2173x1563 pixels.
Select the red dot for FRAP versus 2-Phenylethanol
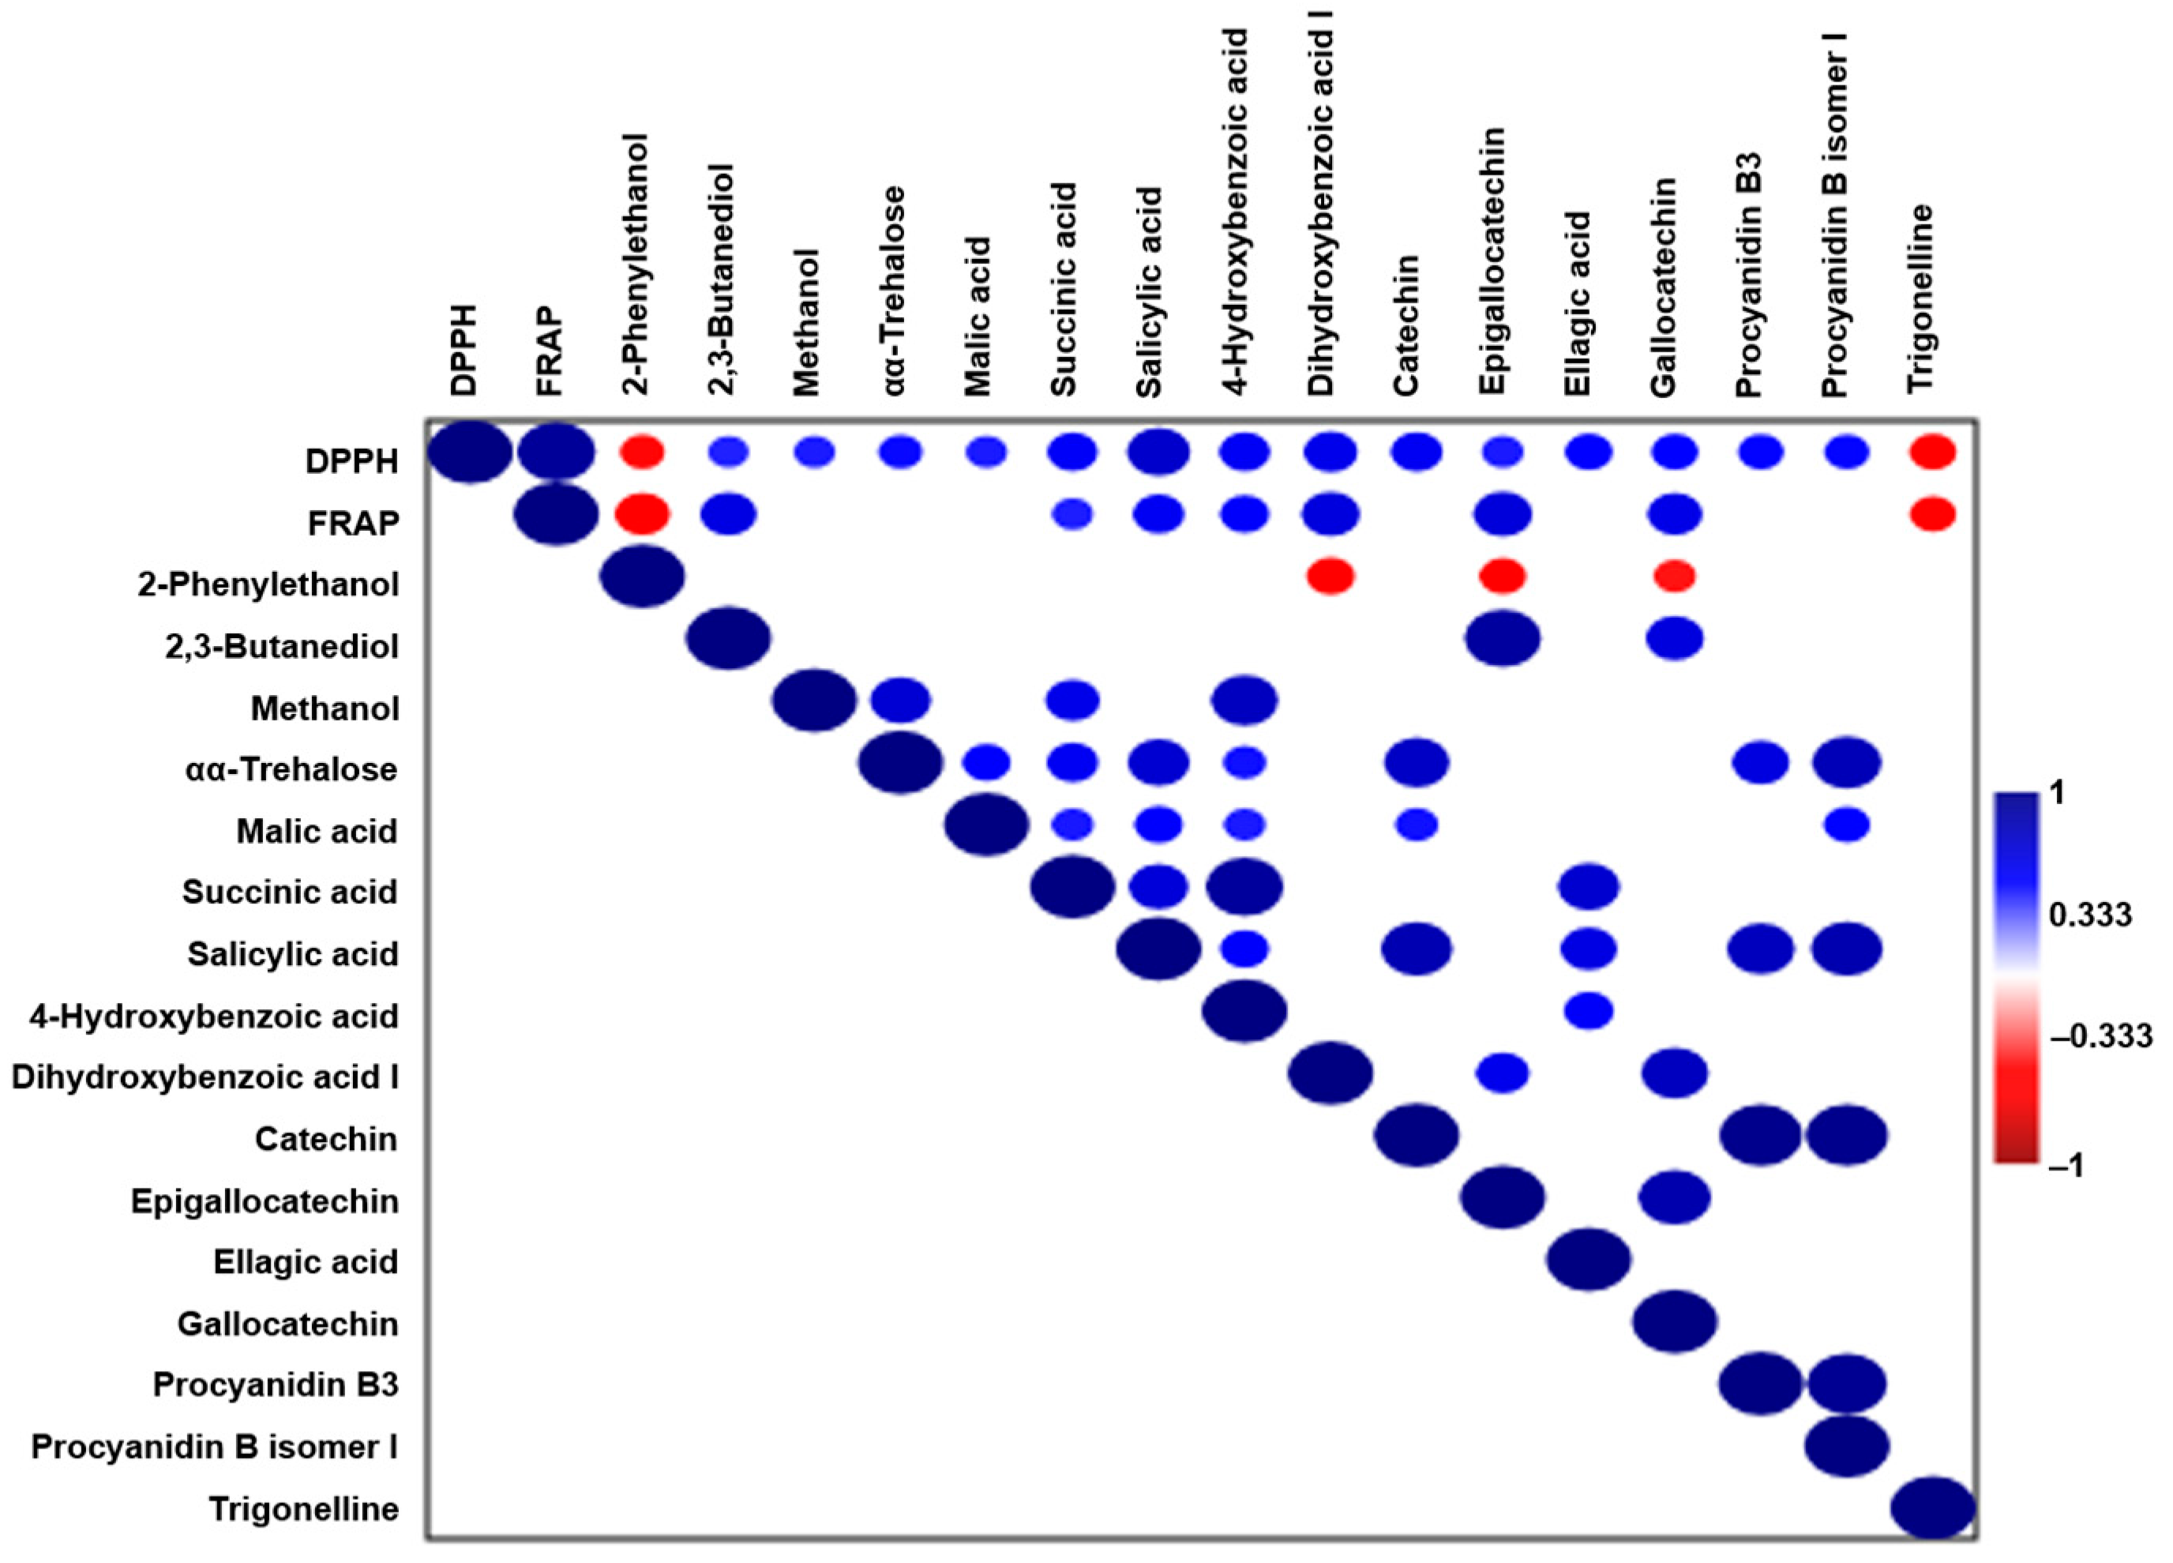tap(642, 515)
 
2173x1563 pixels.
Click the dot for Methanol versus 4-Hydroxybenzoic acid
tap(1244, 700)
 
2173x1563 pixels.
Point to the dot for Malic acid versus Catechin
tap(1416, 824)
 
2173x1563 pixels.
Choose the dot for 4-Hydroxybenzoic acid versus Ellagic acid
tap(1588, 1010)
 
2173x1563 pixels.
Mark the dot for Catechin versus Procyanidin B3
tap(1761, 1135)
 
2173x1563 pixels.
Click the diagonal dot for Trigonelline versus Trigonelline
tap(1931, 1508)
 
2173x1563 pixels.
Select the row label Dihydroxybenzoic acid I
tap(205, 1077)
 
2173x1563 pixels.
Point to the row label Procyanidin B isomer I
tap(215, 1446)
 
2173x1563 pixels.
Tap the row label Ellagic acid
tap(306, 1262)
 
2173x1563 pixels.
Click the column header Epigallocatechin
tap(1492, 261)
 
